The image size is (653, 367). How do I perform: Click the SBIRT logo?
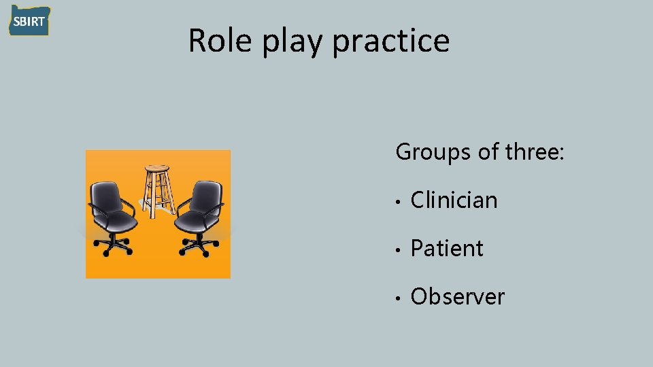pyautogui.click(x=29, y=21)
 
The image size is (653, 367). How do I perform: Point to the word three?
pyautogui.click(x=535, y=152)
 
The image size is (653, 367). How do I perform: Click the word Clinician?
pyautogui.click(x=454, y=200)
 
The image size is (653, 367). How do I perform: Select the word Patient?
pyautogui.click(x=447, y=248)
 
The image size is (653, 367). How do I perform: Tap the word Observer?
pyautogui.click(x=458, y=296)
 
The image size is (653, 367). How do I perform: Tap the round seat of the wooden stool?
pyautogui.click(x=157, y=168)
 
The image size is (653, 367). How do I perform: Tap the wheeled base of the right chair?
pyautogui.click(x=197, y=247)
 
